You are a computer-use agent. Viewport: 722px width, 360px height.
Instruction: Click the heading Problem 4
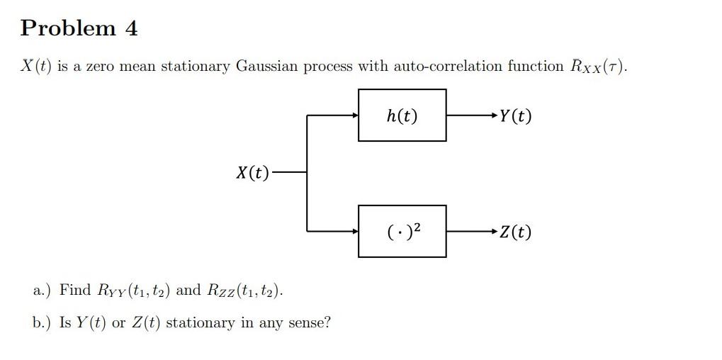coord(79,28)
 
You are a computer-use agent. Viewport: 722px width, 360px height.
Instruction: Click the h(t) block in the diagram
coord(402,116)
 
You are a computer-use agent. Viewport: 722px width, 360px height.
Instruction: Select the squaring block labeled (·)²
coord(402,231)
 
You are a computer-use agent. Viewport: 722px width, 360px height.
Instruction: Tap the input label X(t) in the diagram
coord(252,172)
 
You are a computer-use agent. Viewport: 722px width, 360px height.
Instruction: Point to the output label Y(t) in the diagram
coord(515,116)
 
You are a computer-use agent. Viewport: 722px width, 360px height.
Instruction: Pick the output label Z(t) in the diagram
coord(515,232)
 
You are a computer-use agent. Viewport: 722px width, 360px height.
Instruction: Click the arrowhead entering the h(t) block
coord(355,116)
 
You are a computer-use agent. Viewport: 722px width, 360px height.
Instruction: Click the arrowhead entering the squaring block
coord(355,231)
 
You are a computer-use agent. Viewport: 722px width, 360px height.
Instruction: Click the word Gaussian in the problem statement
coord(266,67)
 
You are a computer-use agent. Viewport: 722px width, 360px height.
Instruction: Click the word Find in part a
coord(75,290)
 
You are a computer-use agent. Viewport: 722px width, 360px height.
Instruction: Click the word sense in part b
coord(310,323)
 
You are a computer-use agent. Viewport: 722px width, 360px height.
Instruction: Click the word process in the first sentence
coord(328,67)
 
